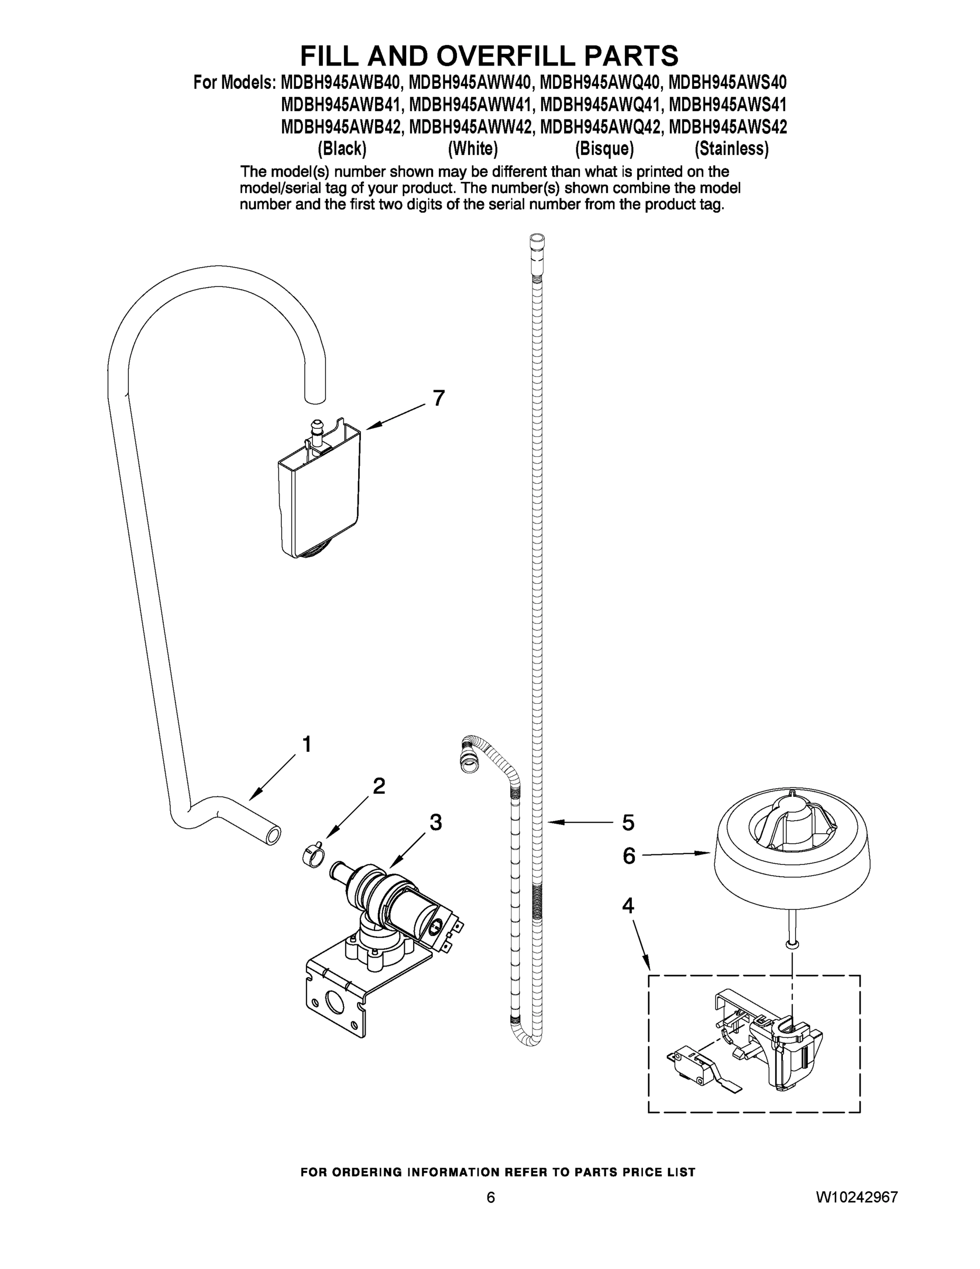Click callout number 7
tap(438, 398)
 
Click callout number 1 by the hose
tap(306, 744)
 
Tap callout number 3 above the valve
tap(435, 822)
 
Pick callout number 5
tap(628, 823)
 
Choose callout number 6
tap(629, 856)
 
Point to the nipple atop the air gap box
tap(317, 430)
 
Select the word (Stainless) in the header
tap(732, 149)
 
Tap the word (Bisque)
tap(604, 149)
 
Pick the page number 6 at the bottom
tap(491, 1213)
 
